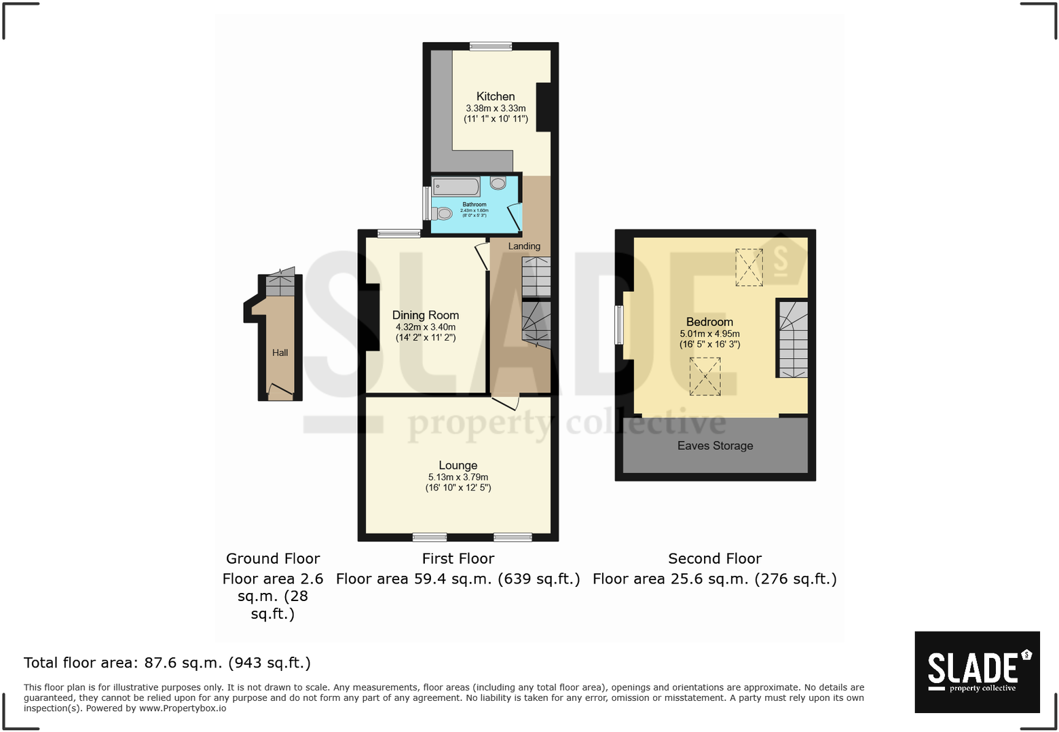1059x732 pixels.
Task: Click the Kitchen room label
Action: tap(495, 96)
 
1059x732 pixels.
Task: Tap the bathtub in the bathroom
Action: tap(456, 187)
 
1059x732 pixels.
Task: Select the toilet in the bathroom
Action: tap(443, 214)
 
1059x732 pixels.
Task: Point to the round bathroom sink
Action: tap(498, 182)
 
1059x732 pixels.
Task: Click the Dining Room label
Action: tap(425, 315)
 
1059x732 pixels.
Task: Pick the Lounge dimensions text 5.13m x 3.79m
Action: tap(458, 477)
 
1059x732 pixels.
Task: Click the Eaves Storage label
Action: tap(715, 446)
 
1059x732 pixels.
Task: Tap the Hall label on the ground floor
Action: tap(280, 352)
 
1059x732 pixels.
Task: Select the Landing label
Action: tap(524, 246)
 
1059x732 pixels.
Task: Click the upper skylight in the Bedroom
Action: tap(749, 267)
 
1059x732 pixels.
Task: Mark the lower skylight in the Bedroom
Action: tap(705, 376)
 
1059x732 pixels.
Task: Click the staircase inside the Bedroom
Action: tap(793, 339)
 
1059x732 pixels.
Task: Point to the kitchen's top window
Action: tap(490, 46)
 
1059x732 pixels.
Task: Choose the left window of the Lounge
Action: tap(430, 537)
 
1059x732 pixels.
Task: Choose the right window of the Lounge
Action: tap(513, 537)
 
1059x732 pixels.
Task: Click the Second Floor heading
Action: tap(715, 558)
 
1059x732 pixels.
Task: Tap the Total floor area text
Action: tap(167, 663)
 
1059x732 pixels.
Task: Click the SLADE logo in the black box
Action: tap(976, 672)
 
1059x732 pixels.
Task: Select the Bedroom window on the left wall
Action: tap(618, 325)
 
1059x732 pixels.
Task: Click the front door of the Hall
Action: tap(280, 391)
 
